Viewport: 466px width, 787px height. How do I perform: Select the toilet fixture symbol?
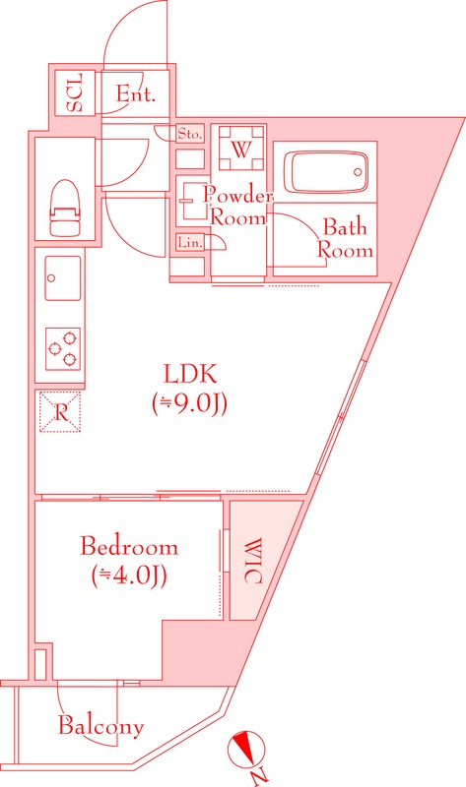(65, 202)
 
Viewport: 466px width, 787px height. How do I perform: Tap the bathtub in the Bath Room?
(323, 169)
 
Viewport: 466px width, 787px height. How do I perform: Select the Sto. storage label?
(190, 133)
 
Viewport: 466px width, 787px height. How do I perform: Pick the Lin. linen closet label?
(188, 242)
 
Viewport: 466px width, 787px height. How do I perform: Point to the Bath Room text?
(345, 239)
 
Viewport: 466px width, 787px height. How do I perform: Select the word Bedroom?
(129, 547)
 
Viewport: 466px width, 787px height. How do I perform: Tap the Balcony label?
(100, 727)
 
